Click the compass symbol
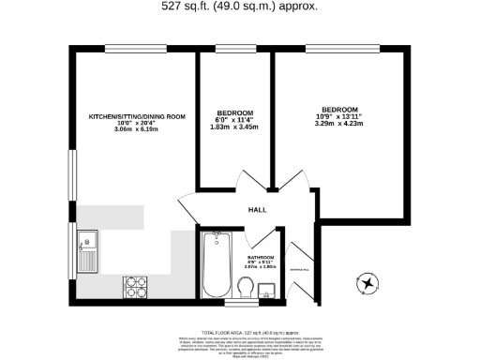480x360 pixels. click(x=367, y=280)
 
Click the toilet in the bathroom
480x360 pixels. click(x=246, y=282)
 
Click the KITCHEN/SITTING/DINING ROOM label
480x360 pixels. click(x=137, y=117)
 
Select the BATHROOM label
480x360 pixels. click(x=261, y=256)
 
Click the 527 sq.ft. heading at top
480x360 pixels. click(x=240, y=6)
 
